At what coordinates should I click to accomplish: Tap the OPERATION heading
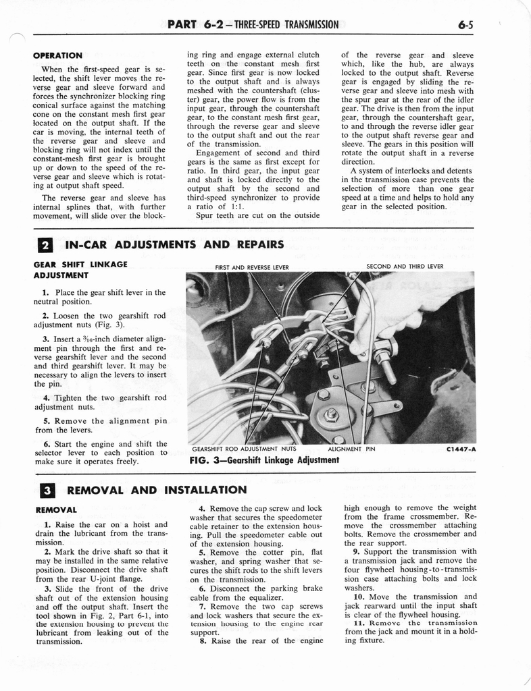pos(57,55)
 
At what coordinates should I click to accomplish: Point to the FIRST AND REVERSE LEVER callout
pos(251,267)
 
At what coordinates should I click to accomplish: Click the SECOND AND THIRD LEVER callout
pos(405,267)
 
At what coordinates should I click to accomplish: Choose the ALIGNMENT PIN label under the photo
pos(351,448)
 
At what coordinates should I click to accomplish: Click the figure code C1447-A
pos(461,448)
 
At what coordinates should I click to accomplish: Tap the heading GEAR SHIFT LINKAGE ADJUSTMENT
pos(80,270)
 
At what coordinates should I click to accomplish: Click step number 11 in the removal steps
pos(358,623)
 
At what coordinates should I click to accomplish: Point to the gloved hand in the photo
pos(405,304)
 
